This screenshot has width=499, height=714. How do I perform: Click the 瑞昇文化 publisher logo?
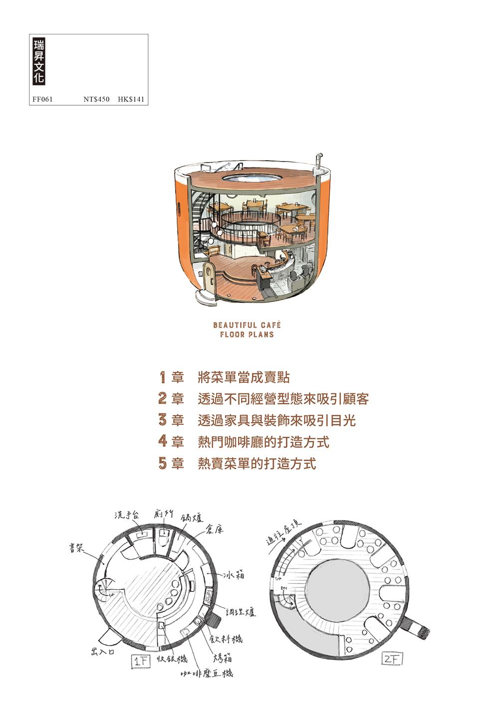tap(38, 61)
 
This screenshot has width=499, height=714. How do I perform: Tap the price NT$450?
tap(96, 99)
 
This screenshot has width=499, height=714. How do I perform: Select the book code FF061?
tap(42, 99)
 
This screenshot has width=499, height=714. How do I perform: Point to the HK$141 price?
tap(131, 99)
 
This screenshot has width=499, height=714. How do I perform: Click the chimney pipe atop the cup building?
tap(319, 162)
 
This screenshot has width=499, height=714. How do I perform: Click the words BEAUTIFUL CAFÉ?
tap(247, 325)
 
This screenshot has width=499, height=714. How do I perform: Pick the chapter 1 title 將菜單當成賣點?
tap(244, 377)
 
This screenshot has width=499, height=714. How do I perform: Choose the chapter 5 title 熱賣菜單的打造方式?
tap(257, 463)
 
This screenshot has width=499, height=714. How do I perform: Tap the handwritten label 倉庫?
tap(215, 530)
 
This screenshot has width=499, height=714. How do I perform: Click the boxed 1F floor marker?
tap(141, 662)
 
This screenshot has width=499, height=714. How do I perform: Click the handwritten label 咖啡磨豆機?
tap(207, 673)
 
